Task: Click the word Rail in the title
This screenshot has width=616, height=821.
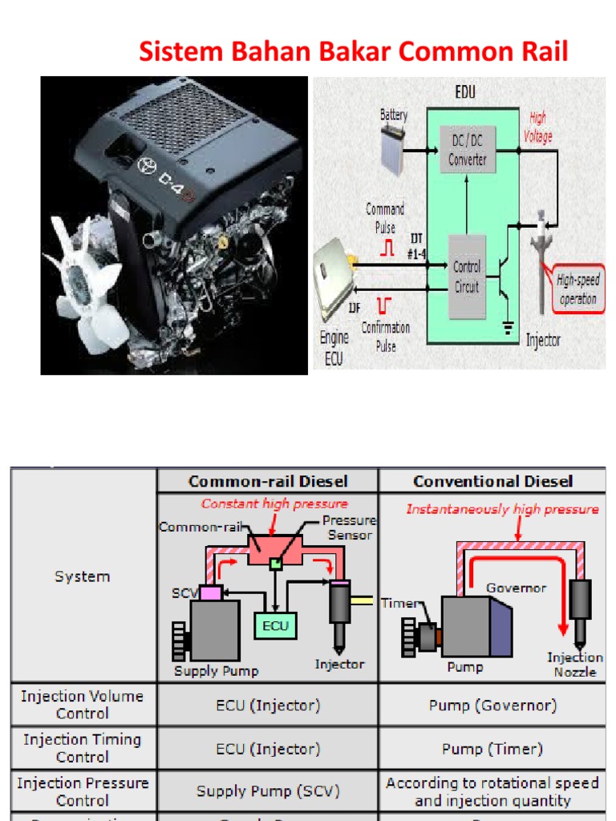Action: coord(538,52)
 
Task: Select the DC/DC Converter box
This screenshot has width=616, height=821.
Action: coord(467,151)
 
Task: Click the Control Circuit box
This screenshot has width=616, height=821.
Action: coord(466,275)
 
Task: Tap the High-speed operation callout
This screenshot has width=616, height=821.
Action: coord(577,289)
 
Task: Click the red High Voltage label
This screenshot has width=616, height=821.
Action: coord(537,128)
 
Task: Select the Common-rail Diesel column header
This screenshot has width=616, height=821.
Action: coord(268,481)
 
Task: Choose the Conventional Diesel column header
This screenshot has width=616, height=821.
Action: coord(492,481)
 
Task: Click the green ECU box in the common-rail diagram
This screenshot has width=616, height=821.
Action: coord(275,625)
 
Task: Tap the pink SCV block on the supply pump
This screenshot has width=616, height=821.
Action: coord(211,594)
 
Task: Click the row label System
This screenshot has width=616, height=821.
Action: coord(82,576)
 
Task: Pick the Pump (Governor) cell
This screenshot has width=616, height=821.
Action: coord(492,706)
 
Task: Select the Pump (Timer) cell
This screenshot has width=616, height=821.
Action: coord(492,749)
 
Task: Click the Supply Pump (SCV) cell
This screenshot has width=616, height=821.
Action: coord(268,791)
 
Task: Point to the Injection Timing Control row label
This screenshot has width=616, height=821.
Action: coord(82,748)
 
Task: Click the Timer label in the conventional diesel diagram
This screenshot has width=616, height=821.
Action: coord(399,604)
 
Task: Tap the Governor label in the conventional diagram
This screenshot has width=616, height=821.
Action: coord(517,588)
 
